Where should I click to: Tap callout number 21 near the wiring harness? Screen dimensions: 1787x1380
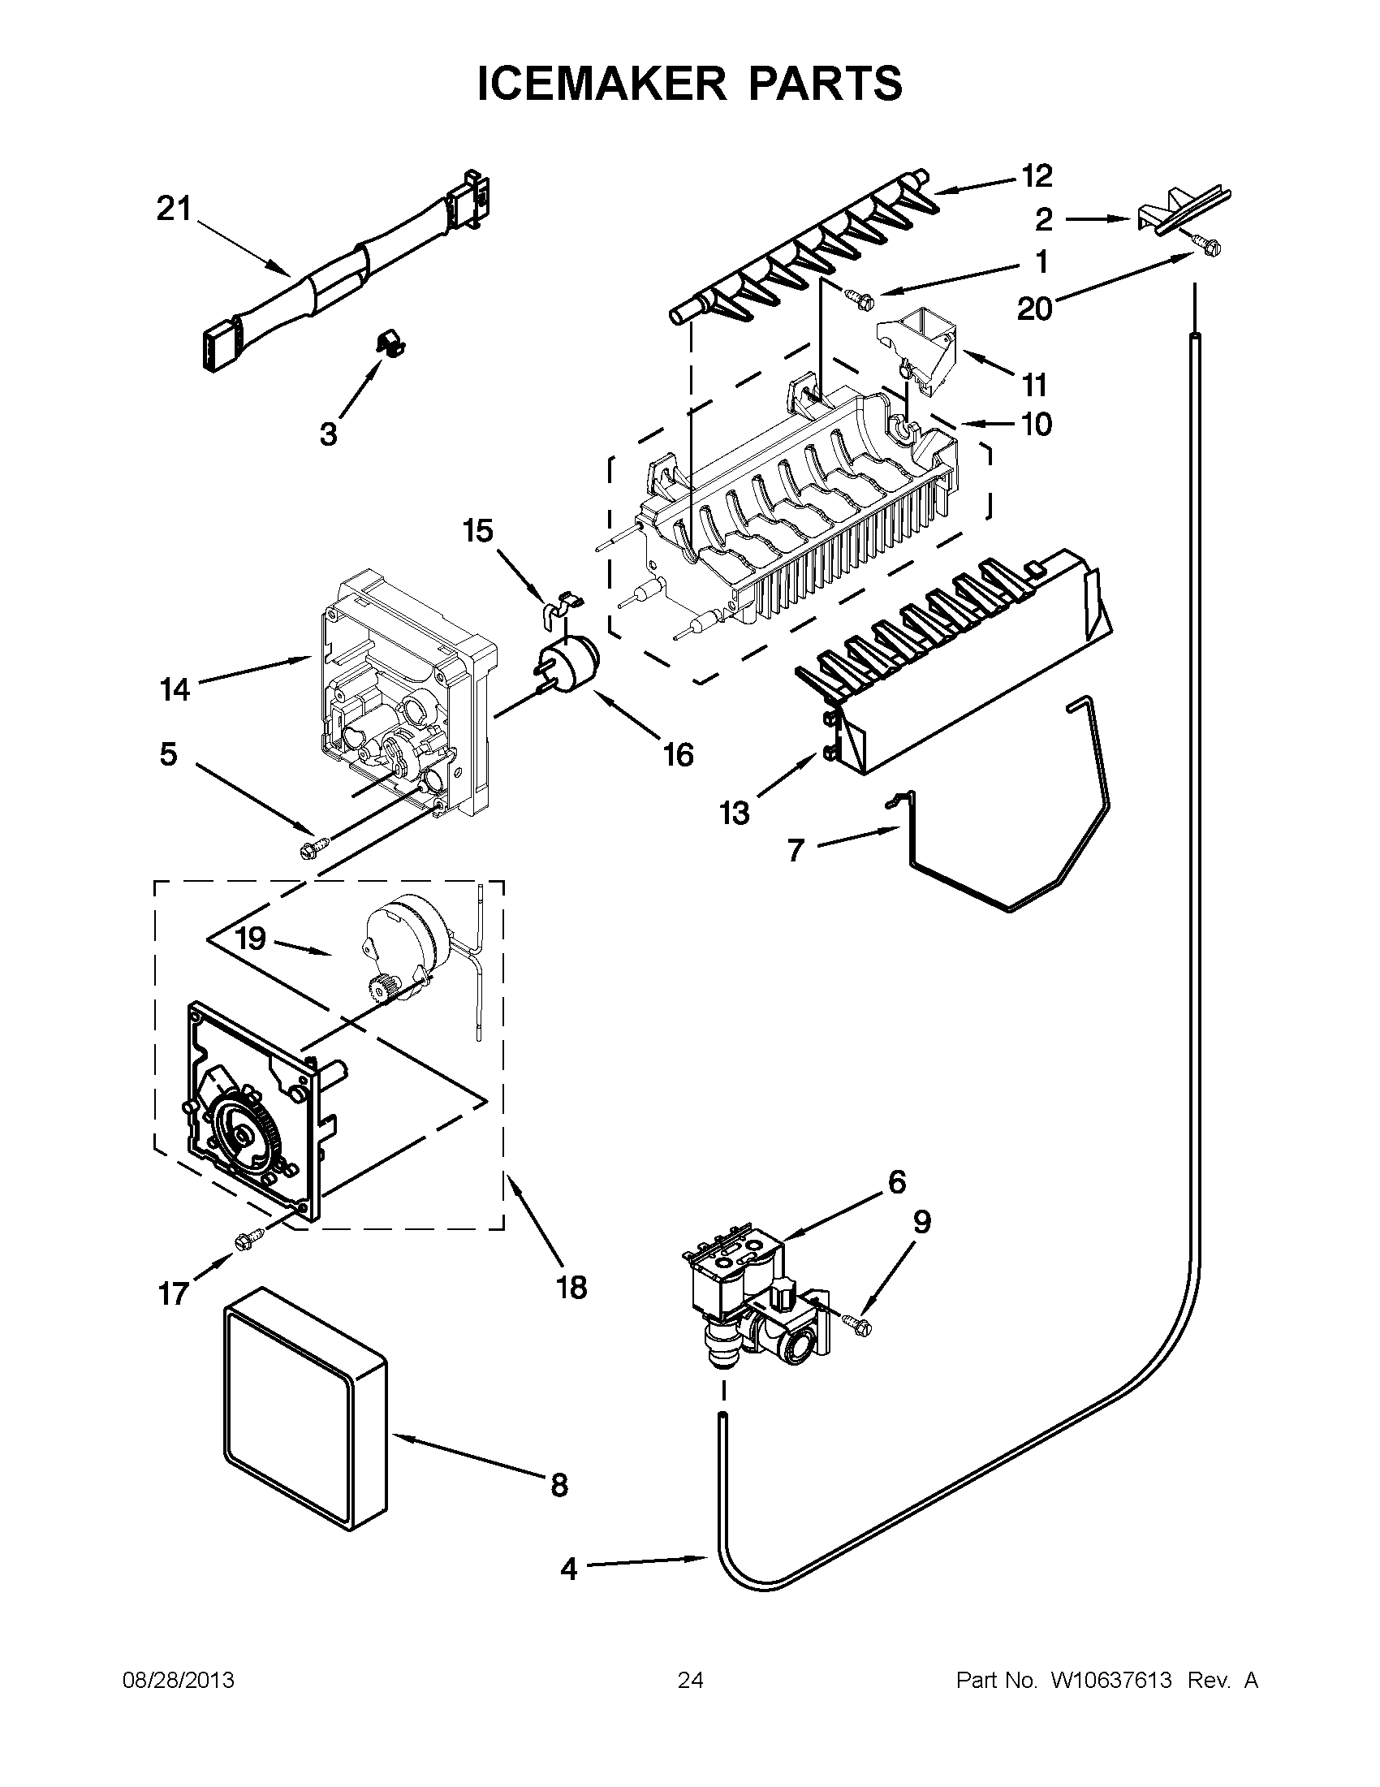coord(174,209)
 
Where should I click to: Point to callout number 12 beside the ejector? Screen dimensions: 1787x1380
coord(1036,175)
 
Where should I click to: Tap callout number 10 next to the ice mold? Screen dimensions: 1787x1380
coord(1036,424)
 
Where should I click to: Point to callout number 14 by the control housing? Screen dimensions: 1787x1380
coord(175,690)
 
